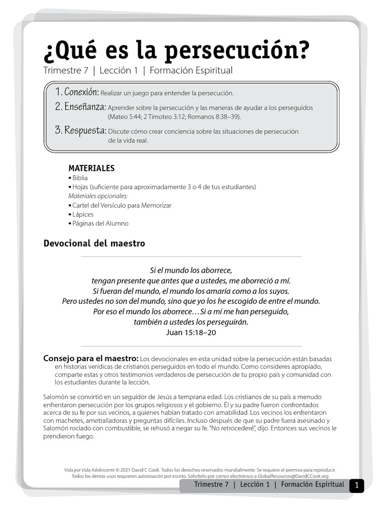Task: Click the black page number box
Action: (x=356, y=486)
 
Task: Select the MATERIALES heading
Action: (x=92, y=168)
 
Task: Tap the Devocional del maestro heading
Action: (x=95, y=244)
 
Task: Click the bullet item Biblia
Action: (x=80, y=178)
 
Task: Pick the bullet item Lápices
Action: (x=83, y=214)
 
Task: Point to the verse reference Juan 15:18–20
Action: (x=191, y=332)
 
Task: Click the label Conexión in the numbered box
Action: (x=82, y=92)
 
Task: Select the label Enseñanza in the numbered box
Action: (x=85, y=107)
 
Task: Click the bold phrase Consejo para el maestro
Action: (x=91, y=358)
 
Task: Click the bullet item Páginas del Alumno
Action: (x=100, y=223)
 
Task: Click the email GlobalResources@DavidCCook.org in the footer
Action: (x=293, y=476)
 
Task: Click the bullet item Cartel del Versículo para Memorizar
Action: (x=122, y=205)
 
